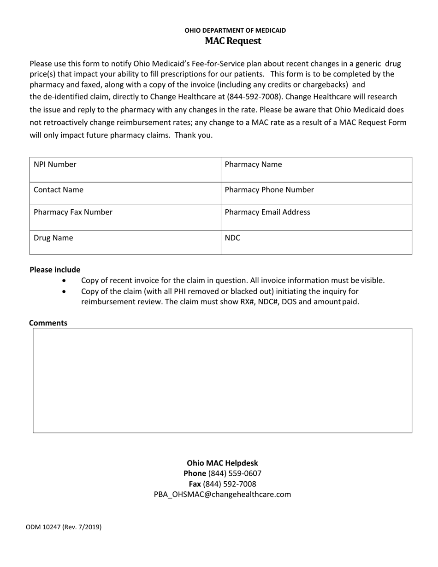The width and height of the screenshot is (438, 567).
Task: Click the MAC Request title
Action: click(233, 41)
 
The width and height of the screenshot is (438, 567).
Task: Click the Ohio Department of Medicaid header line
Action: click(235, 30)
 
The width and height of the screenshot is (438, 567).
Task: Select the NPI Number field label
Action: click(55, 165)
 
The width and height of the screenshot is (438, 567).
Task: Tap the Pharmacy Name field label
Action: click(253, 165)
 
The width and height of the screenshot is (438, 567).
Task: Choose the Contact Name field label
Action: click(59, 190)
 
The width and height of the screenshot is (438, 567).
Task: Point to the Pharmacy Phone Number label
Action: click(269, 190)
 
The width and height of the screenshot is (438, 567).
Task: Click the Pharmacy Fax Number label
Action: click(73, 213)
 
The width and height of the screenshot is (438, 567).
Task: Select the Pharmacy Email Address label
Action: click(267, 213)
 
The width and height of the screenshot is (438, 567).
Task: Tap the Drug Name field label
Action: click(53, 238)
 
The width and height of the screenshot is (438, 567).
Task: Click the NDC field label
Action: click(232, 238)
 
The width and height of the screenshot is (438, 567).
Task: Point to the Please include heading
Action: click(55, 270)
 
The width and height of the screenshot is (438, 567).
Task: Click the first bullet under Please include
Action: click(64, 281)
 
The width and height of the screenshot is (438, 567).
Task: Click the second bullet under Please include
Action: click(64, 292)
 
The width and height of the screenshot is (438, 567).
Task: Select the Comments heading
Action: click(48, 323)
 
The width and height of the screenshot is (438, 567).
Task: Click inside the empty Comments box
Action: click(222, 380)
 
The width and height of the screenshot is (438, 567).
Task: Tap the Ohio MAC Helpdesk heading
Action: click(222, 463)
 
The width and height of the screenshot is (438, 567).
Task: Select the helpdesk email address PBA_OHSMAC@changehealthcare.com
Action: click(222, 495)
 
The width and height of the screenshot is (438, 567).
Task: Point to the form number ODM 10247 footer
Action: click(64, 527)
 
